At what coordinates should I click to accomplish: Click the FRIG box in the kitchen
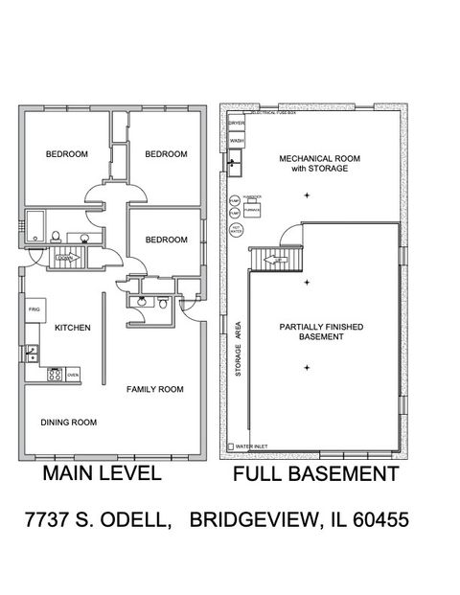[x=34, y=311]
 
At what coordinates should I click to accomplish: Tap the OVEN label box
[x=73, y=375]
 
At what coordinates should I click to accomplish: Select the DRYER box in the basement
[x=237, y=123]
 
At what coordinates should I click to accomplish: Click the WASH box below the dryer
[x=237, y=142]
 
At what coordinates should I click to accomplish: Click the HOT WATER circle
[x=237, y=229]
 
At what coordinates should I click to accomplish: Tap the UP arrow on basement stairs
[x=270, y=259]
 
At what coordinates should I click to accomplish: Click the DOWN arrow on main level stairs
[x=64, y=258]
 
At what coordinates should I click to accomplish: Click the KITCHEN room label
[x=72, y=328]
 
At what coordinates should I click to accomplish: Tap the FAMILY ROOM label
[x=155, y=389]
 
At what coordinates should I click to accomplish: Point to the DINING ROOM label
[x=69, y=422]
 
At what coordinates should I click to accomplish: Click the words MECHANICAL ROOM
[x=312, y=158]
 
